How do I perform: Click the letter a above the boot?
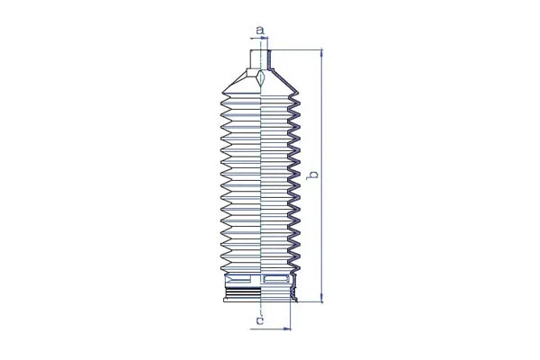click(259, 31)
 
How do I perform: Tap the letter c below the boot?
click(259, 319)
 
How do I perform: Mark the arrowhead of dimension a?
click(267, 39)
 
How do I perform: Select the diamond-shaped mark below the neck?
click(260, 79)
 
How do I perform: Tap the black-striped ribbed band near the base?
click(241, 293)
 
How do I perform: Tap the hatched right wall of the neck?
click(268, 59)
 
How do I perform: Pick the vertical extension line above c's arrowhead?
click(292, 313)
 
